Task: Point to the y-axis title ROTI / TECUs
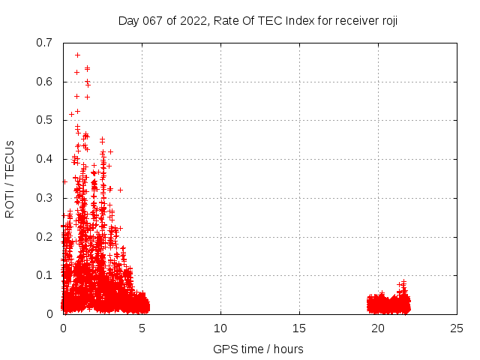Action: [x=10, y=178]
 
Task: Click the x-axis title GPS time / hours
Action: [x=258, y=349]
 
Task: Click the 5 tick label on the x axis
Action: [x=142, y=328]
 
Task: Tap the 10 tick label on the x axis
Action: [x=220, y=328]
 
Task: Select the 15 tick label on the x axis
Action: [x=299, y=328]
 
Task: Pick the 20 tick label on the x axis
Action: [x=378, y=328]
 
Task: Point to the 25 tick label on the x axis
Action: [x=457, y=328]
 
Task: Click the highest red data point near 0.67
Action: [x=77, y=55]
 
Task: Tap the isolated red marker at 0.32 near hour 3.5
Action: [x=120, y=190]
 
